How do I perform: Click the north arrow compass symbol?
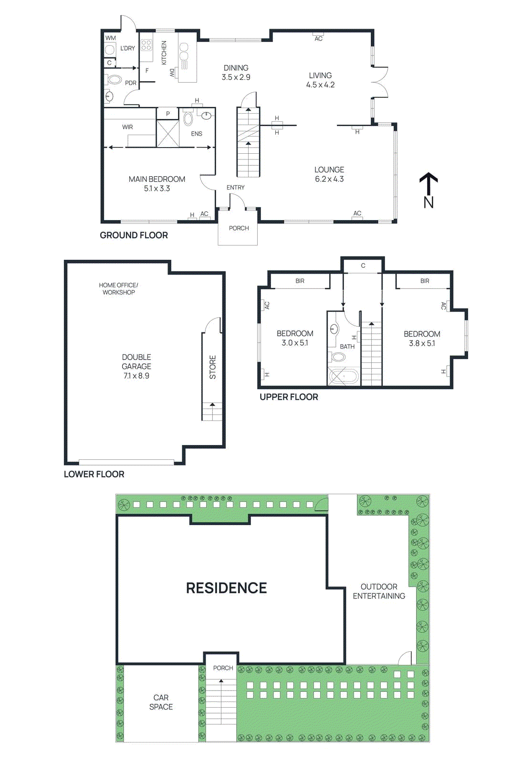coord(428,190)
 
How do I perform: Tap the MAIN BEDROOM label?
coord(157,183)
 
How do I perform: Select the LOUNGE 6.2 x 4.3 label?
coord(329,174)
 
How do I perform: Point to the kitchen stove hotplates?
coord(146,45)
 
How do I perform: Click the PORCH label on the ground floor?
coord(239,228)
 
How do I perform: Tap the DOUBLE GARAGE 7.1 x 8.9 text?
coord(136,366)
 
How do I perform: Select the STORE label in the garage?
coord(213,367)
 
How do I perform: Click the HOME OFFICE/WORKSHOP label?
coord(118,288)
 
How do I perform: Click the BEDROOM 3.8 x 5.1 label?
coord(422,339)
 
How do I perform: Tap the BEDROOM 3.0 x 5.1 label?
coord(295,338)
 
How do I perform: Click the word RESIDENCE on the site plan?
coord(226,588)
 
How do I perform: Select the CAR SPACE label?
coord(161,702)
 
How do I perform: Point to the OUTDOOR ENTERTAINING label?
coord(379,591)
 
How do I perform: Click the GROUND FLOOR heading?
coord(134,235)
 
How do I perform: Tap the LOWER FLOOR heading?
coord(94,474)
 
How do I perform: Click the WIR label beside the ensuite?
coord(127,127)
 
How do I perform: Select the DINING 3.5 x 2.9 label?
coord(236,73)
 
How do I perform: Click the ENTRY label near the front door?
coord(235,188)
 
